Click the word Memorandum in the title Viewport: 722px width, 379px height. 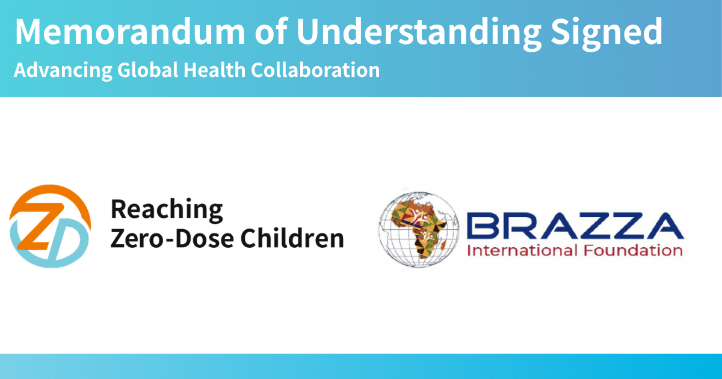tap(130, 31)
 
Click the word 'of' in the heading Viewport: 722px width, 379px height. tap(271, 31)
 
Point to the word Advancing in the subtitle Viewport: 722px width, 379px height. tap(63, 70)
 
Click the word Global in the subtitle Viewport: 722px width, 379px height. tap(147, 70)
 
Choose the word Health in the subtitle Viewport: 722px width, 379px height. tap(214, 70)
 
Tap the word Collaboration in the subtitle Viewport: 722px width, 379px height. tap(315, 70)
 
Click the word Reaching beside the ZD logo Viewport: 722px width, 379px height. tap(167, 210)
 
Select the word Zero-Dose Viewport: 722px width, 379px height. tap(172, 238)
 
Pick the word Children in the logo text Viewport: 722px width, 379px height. tap(292, 238)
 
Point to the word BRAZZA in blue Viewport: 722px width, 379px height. tap(575, 226)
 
